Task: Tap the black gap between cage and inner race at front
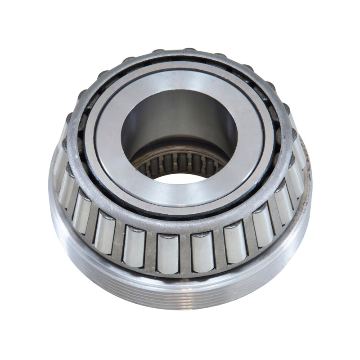point(180,216)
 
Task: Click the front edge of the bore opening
point(180,184)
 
